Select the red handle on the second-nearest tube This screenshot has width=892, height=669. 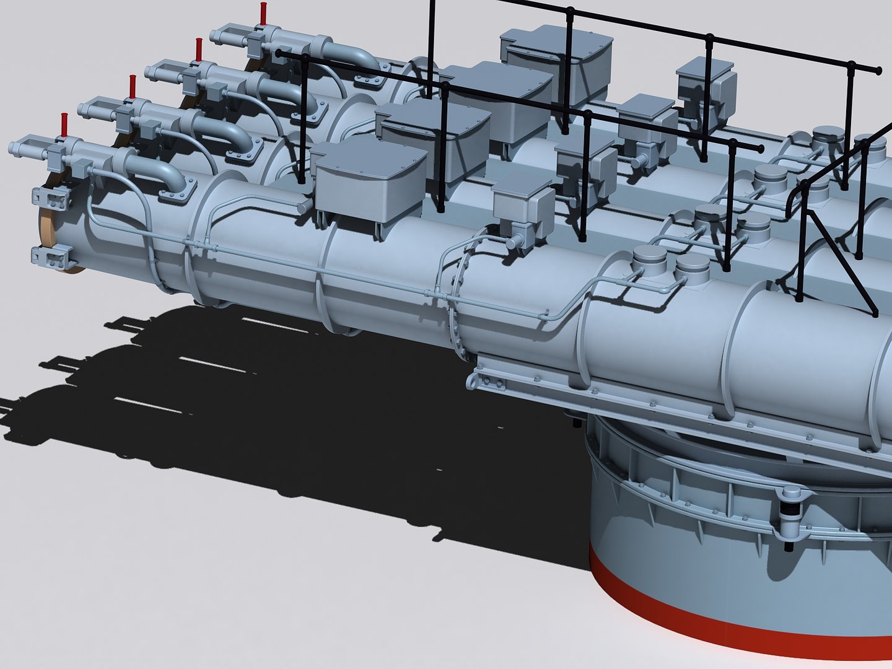[132, 87]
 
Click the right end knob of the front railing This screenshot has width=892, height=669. [759, 148]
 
